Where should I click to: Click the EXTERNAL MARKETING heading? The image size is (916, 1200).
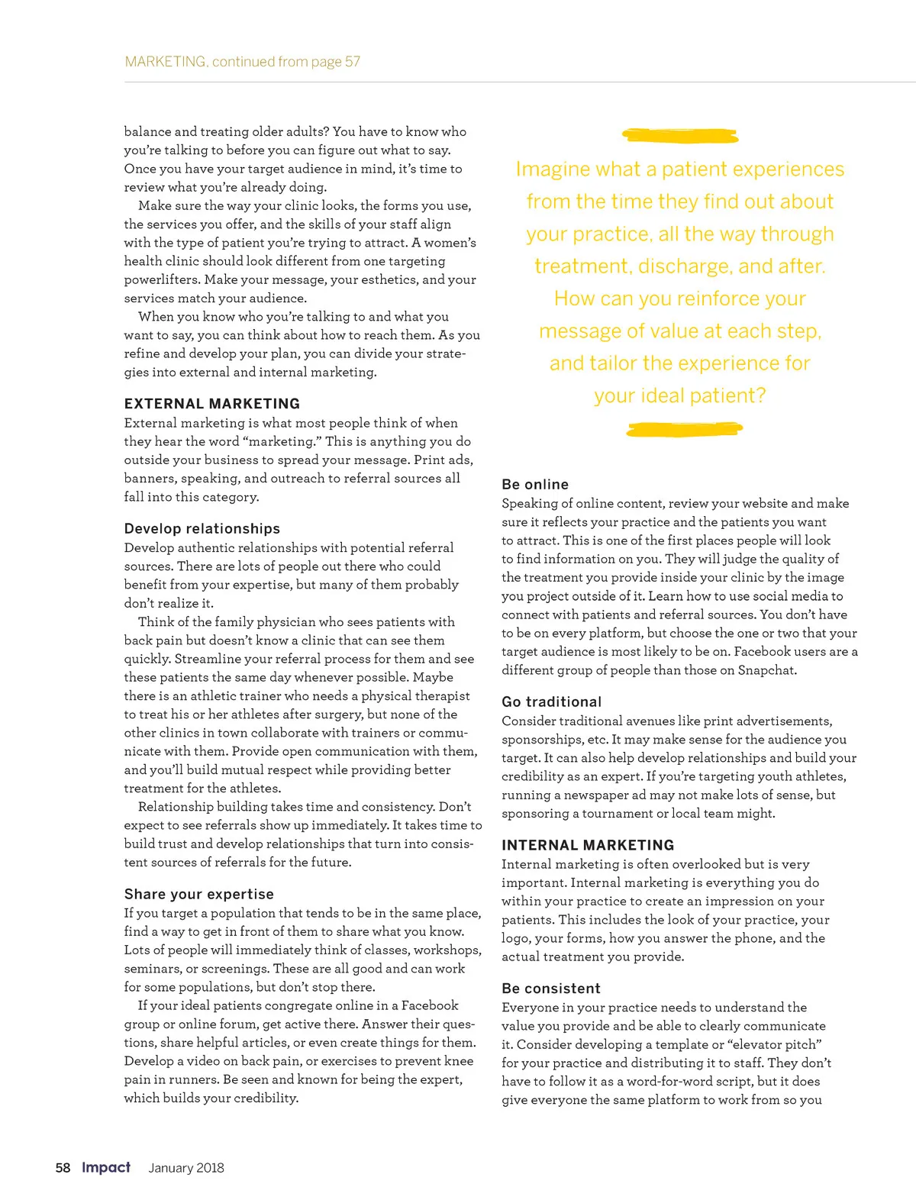pyautogui.click(x=212, y=404)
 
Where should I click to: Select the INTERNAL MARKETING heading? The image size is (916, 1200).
pyautogui.click(x=588, y=845)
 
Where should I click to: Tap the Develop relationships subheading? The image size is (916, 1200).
pyautogui.click(x=202, y=528)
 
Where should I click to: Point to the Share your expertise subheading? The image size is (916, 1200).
pyautogui.click(x=199, y=894)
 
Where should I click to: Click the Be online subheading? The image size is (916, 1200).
pyautogui.click(x=535, y=484)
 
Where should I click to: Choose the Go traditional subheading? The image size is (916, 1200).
pyautogui.click(x=552, y=702)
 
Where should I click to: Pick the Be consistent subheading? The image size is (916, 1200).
pyautogui.click(x=551, y=989)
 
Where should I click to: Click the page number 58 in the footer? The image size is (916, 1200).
pyautogui.click(x=63, y=1168)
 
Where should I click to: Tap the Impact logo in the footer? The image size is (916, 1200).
pyautogui.click(x=106, y=1167)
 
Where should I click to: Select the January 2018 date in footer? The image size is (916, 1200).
pyautogui.click(x=186, y=1168)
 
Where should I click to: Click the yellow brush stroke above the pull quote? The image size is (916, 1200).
pyautogui.click(x=680, y=136)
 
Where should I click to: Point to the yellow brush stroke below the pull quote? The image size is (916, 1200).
pyautogui.click(x=684, y=430)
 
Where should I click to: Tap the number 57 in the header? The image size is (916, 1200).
pyautogui.click(x=352, y=62)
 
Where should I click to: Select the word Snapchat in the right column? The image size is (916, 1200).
pyautogui.click(x=766, y=670)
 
